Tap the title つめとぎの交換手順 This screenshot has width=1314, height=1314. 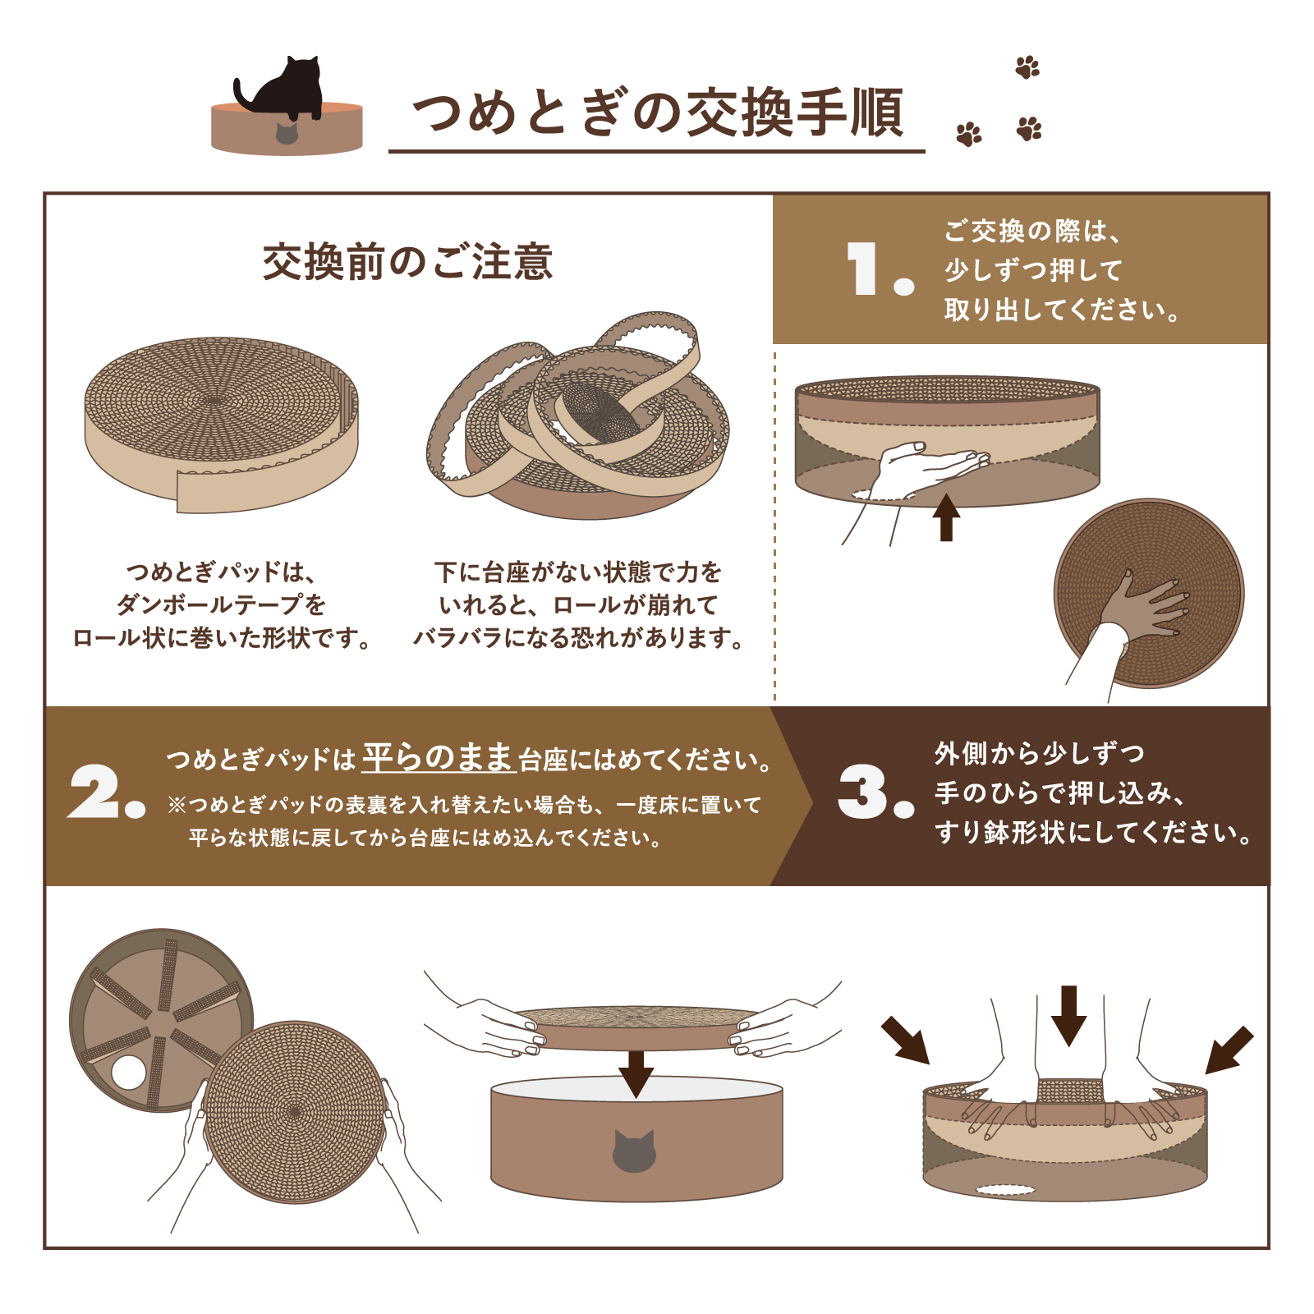point(658,113)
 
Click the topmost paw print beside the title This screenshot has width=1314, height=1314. point(1027,67)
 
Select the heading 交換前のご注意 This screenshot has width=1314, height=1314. point(407,262)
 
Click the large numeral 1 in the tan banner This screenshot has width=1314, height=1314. point(862,269)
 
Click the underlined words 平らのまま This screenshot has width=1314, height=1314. point(439,756)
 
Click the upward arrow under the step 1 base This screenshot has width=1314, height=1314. point(947,517)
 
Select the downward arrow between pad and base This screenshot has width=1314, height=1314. point(636,1074)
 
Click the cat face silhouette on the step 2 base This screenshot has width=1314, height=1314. point(635,1151)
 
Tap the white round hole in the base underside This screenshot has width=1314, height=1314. point(128,1073)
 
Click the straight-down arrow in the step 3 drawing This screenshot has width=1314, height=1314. point(1068,1016)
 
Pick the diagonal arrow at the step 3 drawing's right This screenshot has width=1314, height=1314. point(1229,1050)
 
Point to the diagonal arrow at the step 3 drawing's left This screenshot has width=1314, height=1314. point(905,1040)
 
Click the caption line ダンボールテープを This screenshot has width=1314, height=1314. point(221,604)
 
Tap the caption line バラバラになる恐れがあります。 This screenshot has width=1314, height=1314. point(578,637)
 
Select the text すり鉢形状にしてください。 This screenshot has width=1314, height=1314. point(1093,833)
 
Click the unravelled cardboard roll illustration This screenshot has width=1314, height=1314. point(577,416)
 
